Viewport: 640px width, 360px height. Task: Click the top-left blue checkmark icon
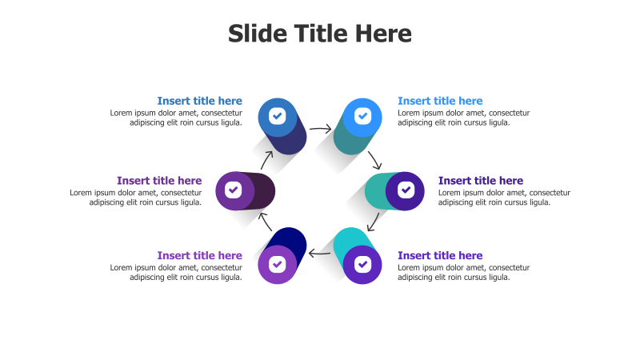277,116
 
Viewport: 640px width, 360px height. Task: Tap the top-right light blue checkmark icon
362,116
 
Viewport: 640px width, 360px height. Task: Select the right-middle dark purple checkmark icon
406,190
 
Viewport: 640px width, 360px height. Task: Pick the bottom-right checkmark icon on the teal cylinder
362,263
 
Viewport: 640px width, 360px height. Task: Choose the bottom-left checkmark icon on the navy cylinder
277,263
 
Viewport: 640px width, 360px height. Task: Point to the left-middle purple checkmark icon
234,190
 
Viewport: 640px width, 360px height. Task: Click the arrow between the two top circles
320,128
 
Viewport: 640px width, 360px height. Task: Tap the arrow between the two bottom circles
320,254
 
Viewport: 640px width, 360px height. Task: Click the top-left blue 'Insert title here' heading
199,101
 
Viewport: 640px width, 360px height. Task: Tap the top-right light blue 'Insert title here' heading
440,101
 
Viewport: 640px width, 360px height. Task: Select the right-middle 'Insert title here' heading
481,181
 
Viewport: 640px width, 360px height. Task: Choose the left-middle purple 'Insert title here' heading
159,181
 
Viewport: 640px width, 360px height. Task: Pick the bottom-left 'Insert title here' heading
199,256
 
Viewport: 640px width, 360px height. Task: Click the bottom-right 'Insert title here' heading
440,256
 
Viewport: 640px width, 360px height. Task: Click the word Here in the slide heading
383,34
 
